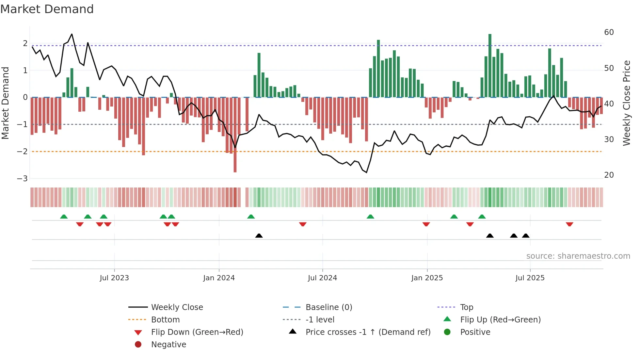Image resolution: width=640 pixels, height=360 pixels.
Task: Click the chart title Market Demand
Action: click(x=47, y=9)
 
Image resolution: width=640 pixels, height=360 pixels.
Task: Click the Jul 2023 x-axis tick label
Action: click(x=114, y=278)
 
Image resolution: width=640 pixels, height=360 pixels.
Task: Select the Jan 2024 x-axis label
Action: click(x=219, y=278)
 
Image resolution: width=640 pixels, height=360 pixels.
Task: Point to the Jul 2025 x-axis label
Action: click(x=530, y=278)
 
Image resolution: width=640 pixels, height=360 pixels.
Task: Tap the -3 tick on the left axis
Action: click(x=23, y=179)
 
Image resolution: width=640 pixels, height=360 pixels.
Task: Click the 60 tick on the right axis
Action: click(x=609, y=32)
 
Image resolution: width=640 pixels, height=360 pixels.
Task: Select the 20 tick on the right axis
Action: click(x=609, y=175)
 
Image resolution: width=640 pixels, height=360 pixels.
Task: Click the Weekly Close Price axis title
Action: click(x=626, y=103)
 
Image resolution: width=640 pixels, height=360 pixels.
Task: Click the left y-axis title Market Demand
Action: click(x=6, y=103)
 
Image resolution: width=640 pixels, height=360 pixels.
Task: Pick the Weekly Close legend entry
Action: click(x=177, y=307)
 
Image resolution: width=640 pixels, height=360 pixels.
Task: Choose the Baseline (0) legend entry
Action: click(x=328, y=307)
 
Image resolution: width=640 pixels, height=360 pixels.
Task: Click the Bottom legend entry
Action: click(x=165, y=320)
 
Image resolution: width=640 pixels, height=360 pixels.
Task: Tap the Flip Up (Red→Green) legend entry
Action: click(x=500, y=320)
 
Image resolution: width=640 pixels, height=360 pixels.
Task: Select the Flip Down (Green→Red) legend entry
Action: click(x=197, y=332)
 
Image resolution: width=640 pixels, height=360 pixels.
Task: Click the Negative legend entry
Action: click(x=168, y=345)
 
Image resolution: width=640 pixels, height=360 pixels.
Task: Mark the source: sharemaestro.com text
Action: click(x=578, y=256)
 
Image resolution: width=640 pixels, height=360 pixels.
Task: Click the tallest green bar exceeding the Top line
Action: click(x=490, y=65)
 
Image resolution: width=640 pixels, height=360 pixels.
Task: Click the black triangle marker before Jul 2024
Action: click(x=259, y=236)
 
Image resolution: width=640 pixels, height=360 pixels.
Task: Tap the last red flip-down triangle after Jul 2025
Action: click(x=569, y=224)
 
